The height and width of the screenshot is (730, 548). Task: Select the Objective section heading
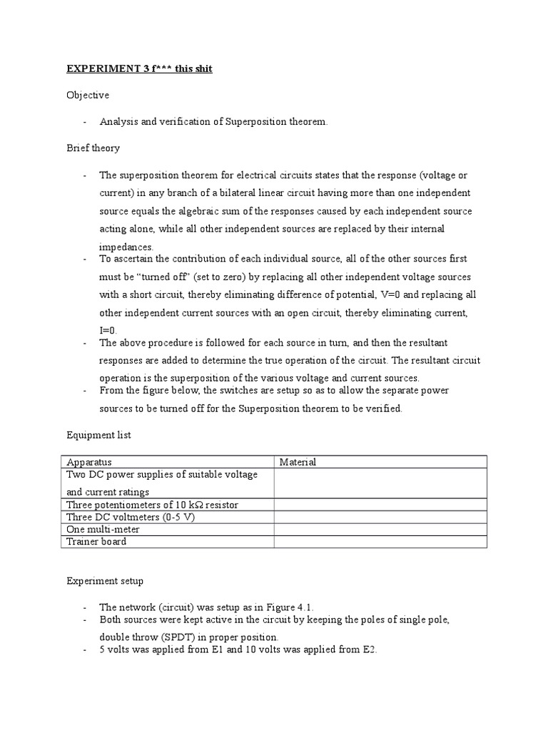(x=88, y=95)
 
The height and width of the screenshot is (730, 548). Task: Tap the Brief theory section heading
(x=93, y=148)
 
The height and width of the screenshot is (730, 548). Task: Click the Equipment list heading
(x=98, y=434)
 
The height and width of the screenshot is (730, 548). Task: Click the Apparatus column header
(x=89, y=462)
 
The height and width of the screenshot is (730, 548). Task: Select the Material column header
(x=298, y=462)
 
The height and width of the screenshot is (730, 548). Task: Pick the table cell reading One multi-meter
(x=103, y=529)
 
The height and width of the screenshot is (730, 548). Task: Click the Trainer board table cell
(x=96, y=541)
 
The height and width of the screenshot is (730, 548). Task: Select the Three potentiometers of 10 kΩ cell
(x=152, y=505)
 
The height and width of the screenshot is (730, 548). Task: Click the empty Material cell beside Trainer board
(x=380, y=541)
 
